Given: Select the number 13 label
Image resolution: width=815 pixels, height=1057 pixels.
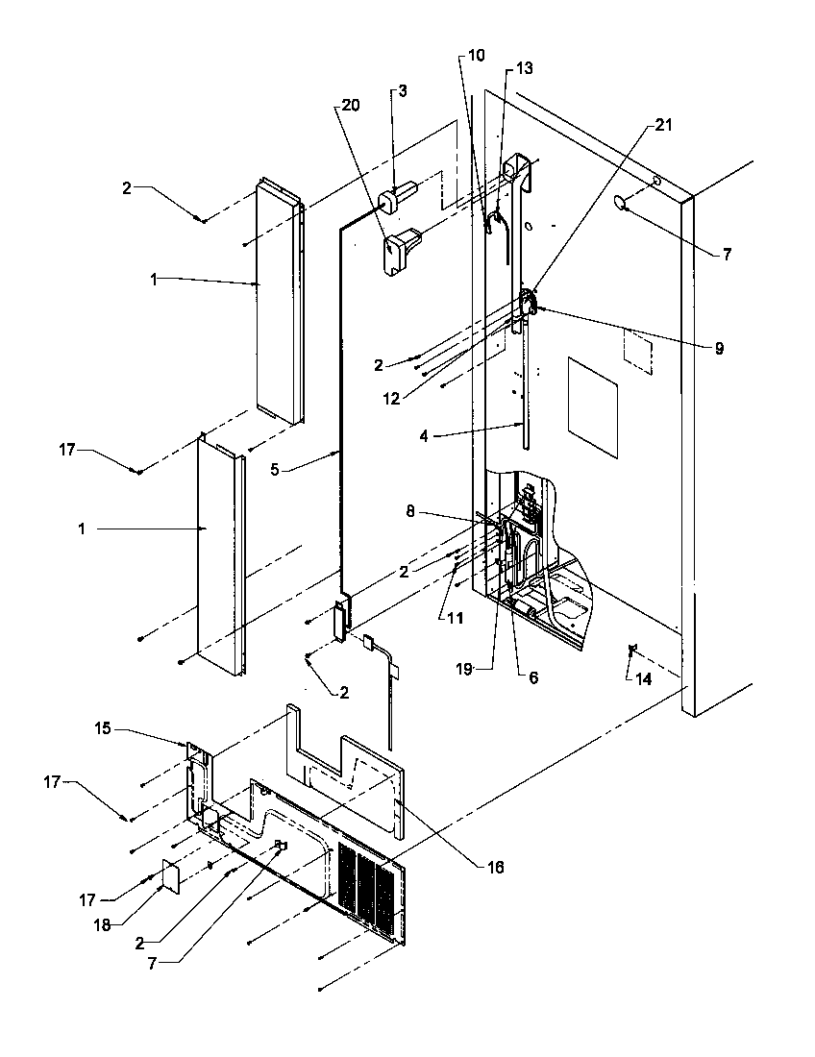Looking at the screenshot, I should [x=524, y=68].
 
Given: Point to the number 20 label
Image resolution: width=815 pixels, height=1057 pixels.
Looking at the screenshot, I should [x=351, y=105].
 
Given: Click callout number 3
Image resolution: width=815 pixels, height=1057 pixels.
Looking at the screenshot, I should [x=403, y=91].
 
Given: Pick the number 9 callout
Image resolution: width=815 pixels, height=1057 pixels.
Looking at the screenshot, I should [x=719, y=349].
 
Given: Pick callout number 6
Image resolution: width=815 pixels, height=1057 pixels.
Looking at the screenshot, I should [x=533, y=677].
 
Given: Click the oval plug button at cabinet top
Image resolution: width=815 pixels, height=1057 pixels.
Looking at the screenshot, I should [x=620, y=201].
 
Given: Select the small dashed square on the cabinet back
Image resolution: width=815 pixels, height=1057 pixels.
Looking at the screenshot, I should [x=637, y=350].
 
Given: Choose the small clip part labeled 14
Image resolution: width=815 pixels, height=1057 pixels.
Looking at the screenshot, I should [x=630, y=651].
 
